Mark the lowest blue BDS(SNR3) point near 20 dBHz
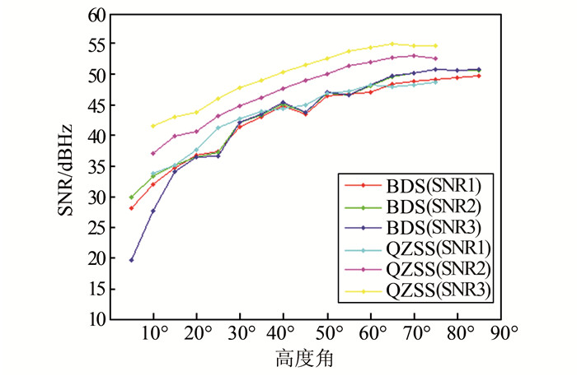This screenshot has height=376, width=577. pyautogui.click(x=132, y=260)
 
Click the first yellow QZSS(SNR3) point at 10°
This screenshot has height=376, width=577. pyautogui.click(x=153, y=126)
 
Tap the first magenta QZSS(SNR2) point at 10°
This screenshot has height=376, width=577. pyautogui.click(x=153, y=153)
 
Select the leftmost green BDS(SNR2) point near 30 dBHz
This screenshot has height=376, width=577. pyautogui.click(x=132, y=197)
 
